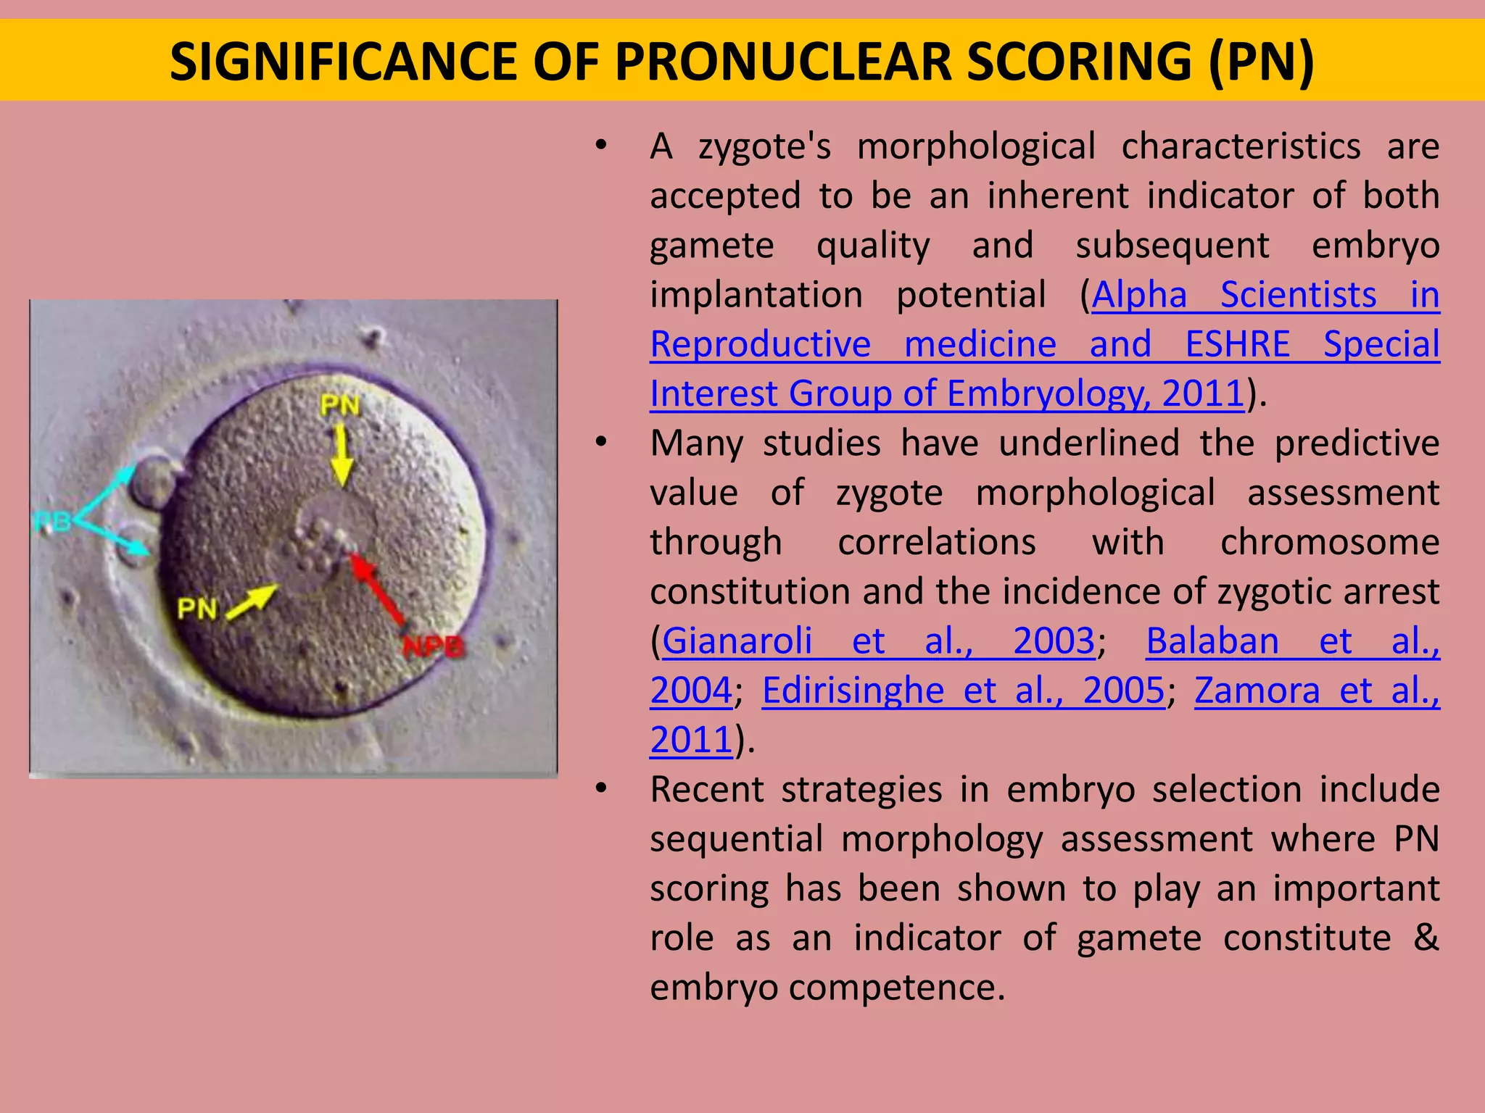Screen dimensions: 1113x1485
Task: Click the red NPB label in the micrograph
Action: coord(433,646)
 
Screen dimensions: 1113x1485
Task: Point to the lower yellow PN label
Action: coord(197,609)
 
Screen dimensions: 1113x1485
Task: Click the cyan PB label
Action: coord(52,521)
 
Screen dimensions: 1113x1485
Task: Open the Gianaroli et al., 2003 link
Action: coord(878,641)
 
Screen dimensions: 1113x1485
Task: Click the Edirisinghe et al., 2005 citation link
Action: coord(963,691)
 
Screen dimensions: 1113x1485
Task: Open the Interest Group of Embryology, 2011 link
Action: coord(947,394)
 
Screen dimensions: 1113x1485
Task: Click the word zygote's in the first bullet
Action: coord(764,147)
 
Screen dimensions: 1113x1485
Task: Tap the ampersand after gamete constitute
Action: coord(1426,938)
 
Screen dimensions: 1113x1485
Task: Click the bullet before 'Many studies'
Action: coord(600,442)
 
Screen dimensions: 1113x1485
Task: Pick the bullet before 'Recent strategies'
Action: coord(600,788)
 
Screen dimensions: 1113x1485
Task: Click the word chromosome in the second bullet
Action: coord(1330,543)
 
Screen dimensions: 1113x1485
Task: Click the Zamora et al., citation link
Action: coord(1317,691)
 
